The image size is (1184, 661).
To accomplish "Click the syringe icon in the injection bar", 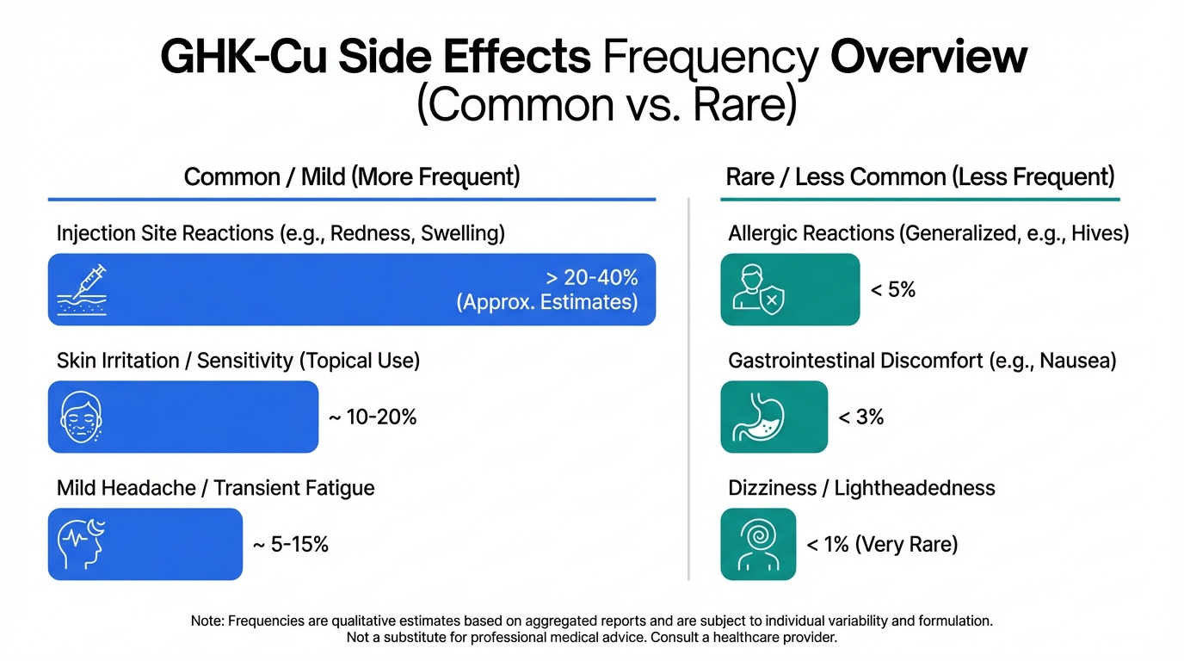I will tap(82, 289).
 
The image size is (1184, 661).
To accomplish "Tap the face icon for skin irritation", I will tap(82, 417).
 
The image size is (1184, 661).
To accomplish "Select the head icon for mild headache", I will tap(80, 544).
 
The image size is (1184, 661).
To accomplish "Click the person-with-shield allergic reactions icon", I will tap(757, 289).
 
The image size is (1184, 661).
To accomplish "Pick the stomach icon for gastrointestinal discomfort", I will tap(757, 417).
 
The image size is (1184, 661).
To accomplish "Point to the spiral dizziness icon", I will tap(757, 544).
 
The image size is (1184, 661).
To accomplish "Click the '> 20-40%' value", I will tap(592, 278).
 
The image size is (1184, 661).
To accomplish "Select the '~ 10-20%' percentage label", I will tap(373, 417).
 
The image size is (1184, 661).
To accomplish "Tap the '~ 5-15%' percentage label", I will tap(290, 545).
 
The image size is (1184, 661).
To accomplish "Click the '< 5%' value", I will tap(892, 290).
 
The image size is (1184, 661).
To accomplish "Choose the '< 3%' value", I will tap(860, 417).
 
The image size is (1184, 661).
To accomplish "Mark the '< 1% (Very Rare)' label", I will tap(881, 545).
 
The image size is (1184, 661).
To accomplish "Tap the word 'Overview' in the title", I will tap(928, 58).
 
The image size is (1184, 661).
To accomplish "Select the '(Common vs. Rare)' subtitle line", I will tap(607, 106).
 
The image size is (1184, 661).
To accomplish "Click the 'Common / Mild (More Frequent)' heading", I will tap(352, 177).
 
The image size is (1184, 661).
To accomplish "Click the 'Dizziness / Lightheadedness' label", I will tap(861, 488).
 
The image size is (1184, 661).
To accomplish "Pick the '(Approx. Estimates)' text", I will tap(547, 302).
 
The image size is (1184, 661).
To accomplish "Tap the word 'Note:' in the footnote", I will tap(207, 621).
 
